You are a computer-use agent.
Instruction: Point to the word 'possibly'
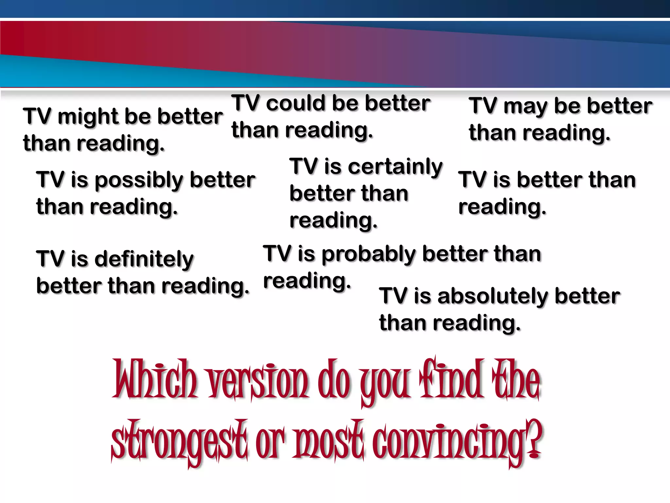tap(139, 180)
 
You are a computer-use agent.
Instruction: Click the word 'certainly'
tap(395, 167)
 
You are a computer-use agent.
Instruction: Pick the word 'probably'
tap(369, 254)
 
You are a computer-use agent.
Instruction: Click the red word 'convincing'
tap(453, 440)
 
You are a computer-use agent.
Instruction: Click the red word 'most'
tap(329, 440)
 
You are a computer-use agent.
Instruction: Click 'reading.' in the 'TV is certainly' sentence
tap(333, 220)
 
